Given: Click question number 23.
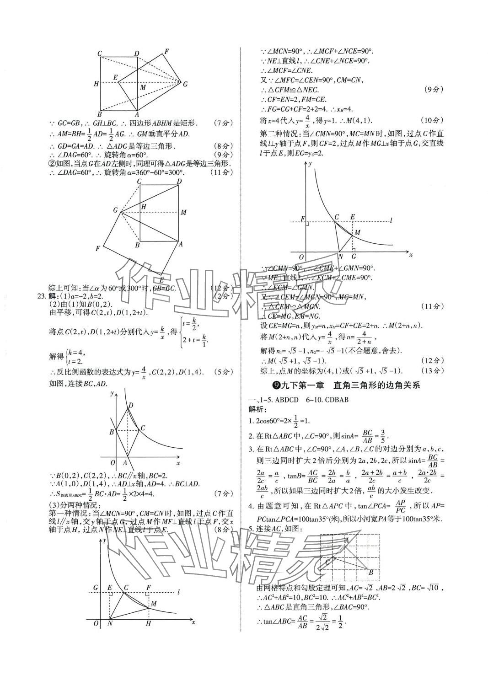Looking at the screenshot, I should point(42,296).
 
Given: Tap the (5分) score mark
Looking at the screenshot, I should point(222,371).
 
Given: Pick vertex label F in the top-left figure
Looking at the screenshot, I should point(166,51).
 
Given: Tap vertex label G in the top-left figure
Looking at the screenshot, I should point(185,84).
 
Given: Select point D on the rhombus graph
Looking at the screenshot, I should point(131,405).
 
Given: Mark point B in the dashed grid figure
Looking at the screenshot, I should point(371,572).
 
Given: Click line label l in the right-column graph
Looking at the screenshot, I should point(391,221).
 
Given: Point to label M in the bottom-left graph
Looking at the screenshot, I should point(154,604).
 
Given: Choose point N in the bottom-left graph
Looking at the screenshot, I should point(110,623).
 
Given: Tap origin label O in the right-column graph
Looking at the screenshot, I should point(301,257).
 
